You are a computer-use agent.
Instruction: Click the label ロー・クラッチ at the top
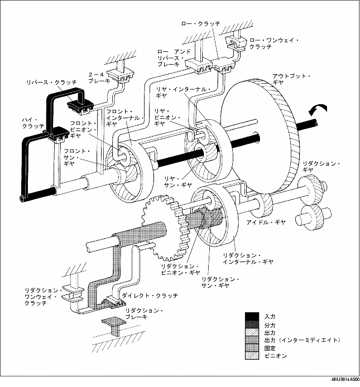pyautogui.click(x=201, y=23)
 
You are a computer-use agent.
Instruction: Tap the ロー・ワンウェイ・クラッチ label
pyautogui.click(x=274, y=43)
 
